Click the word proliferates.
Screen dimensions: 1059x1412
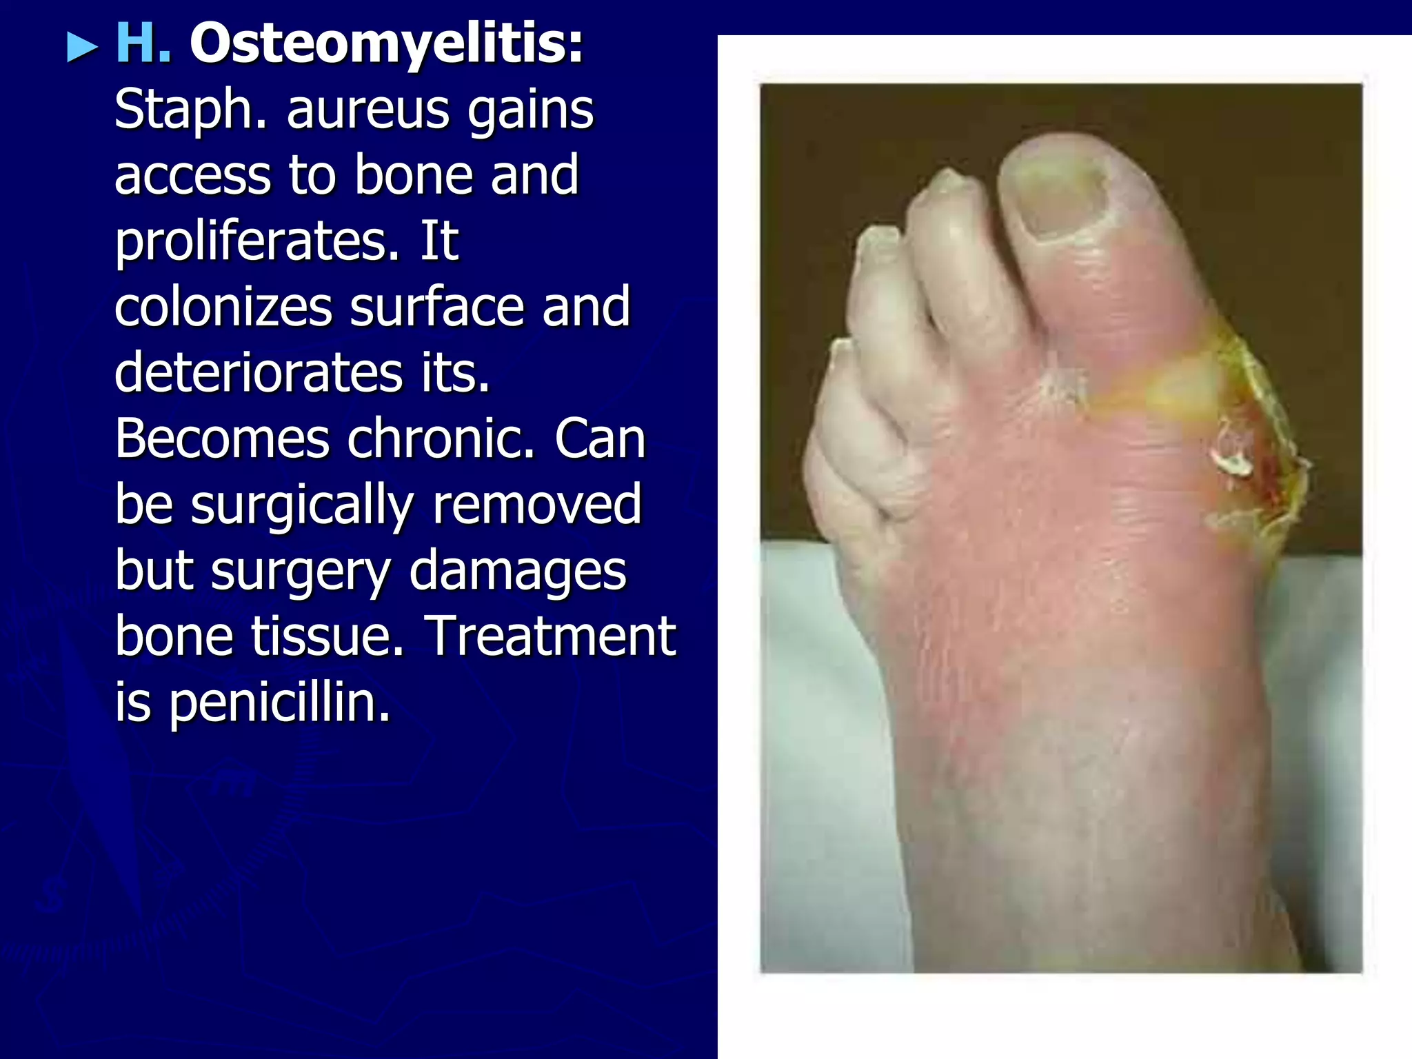point(256,243)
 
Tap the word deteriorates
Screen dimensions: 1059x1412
point(258,373)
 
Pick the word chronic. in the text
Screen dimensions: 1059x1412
point(441,439)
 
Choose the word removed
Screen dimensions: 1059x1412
point(536,505)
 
